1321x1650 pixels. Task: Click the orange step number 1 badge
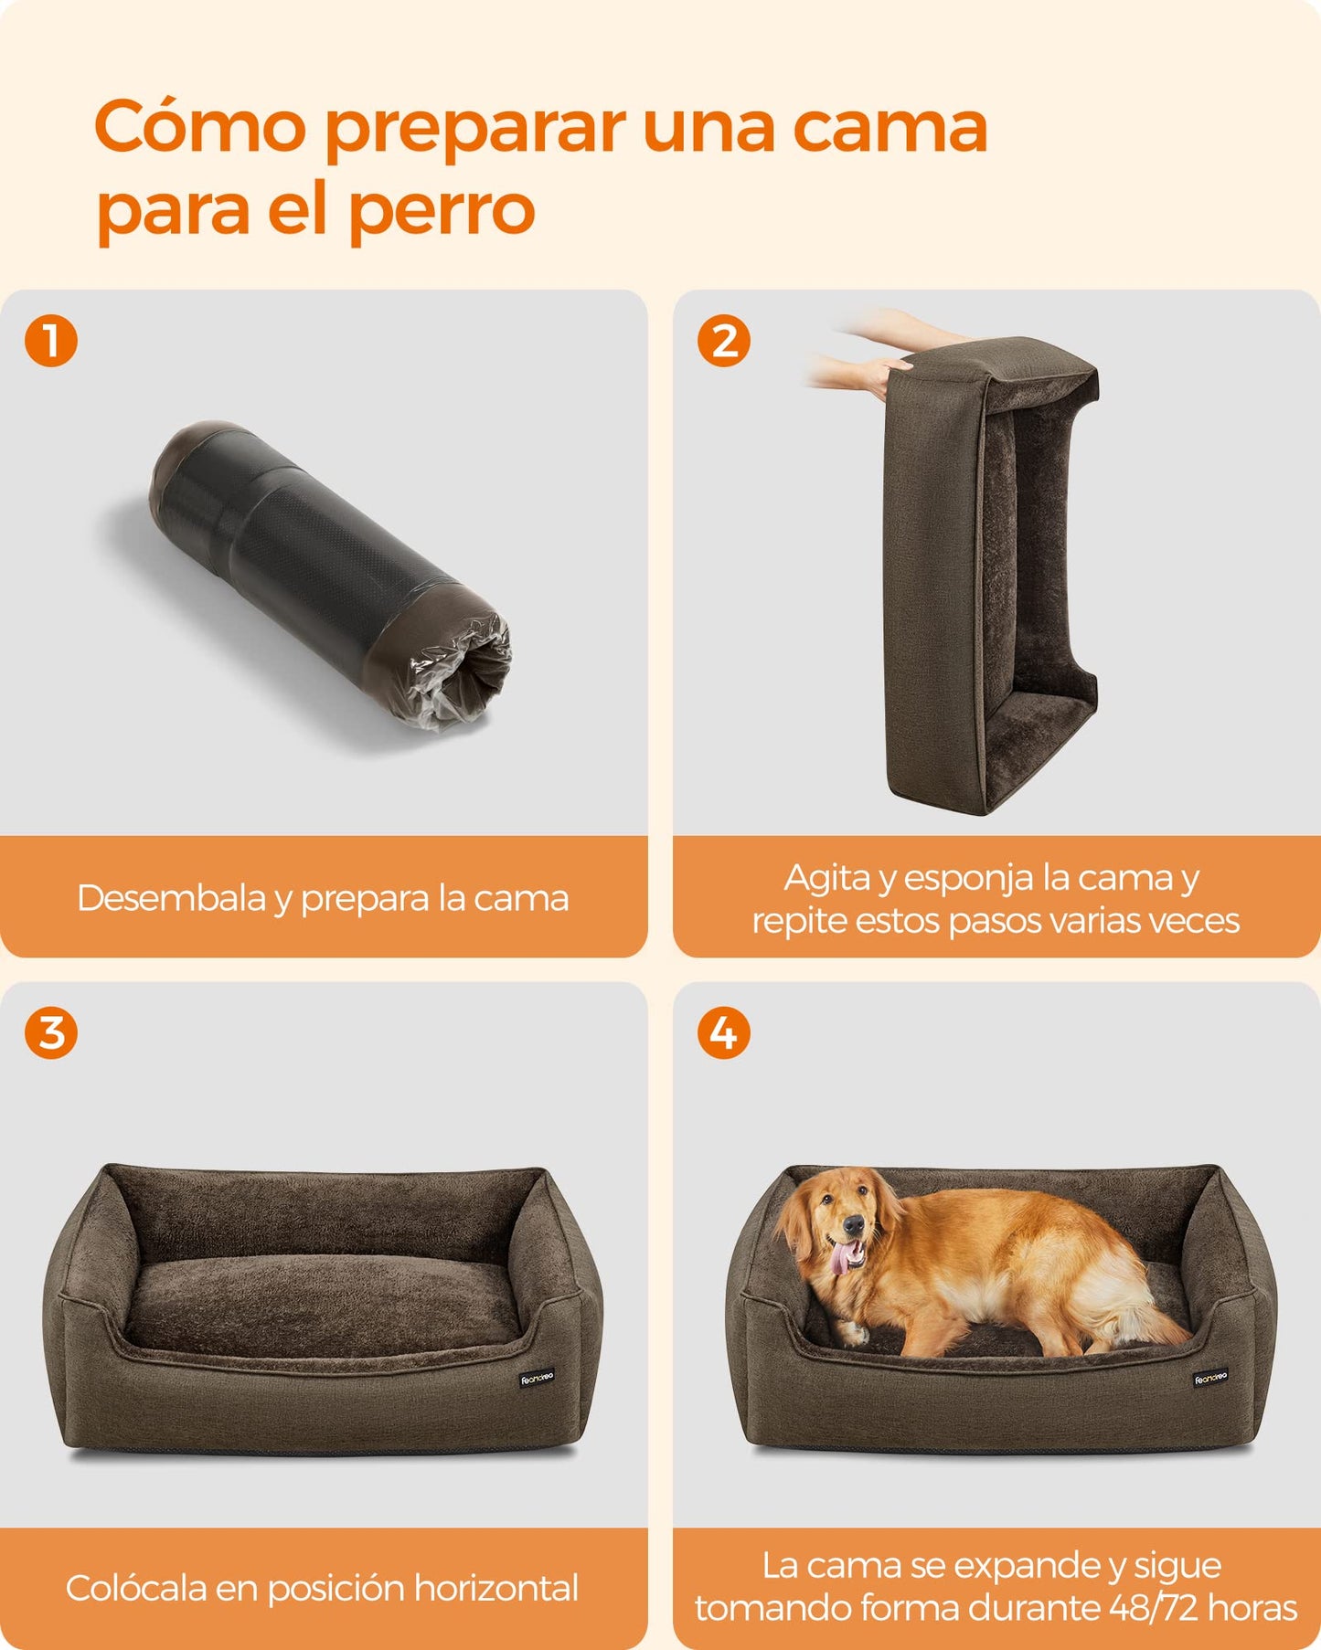(x=51, y=341)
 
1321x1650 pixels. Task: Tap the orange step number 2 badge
(x=724, y=341)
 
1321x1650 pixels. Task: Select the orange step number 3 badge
(x=51, y=1033)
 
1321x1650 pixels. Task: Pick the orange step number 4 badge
(x=724, y=1033)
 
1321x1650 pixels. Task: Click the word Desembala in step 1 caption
(x=171, y=898)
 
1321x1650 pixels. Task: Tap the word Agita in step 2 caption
(x=826, y=879)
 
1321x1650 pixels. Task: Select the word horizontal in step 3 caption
(x=496, y=1588)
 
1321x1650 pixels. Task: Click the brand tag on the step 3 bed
(x=537, y=1379)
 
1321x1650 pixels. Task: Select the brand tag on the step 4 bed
(x=1211, y=1378)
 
